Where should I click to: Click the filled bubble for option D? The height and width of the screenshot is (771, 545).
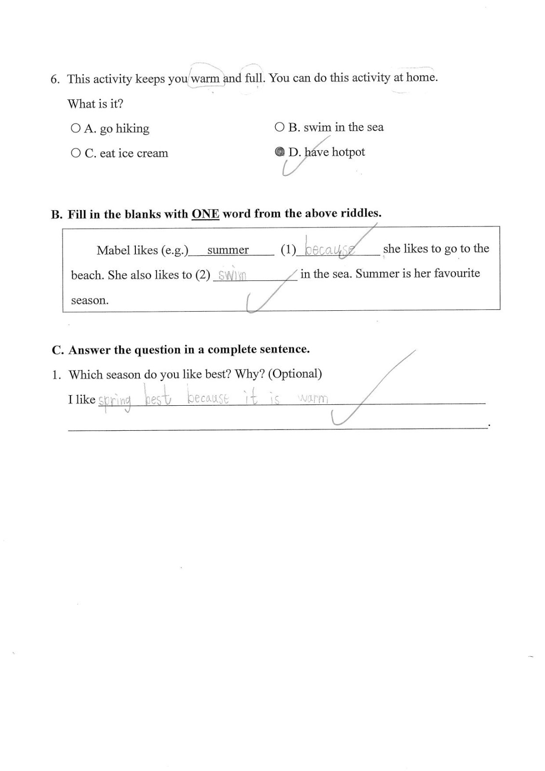pyautogui.click(x=279, y=152)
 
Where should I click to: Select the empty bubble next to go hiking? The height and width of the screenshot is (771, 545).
pyautogui.click(x=76, y=128)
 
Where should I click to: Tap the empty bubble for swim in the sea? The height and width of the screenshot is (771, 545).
pyautogui.click(x=279, y=127)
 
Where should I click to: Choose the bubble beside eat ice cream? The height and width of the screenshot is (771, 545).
pyautogui.click(x=76, y=153)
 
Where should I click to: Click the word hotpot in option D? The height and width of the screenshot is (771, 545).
pyautogui.click(x=348, y=152)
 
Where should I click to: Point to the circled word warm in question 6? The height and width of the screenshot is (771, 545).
pyautogui.click(x=205, y=79)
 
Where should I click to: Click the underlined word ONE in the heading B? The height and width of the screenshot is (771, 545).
pyautogui.click(x=205, y=213)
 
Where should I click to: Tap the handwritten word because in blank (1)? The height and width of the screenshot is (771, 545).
pyautogui.click(x=331, y=249)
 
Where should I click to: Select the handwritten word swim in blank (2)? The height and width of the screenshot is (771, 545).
pyautogui.click(x=232, y=276)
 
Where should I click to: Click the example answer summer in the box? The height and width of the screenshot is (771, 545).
pyautogui.click(x=228, y=250)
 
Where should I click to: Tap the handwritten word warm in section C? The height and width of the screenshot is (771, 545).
pyautogui.click(x=313, y=399)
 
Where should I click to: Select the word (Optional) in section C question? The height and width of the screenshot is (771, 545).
pyautogui.click(x=295, y=373)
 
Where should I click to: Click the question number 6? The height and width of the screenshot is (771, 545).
pyautogui.click(x=54, y=80)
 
